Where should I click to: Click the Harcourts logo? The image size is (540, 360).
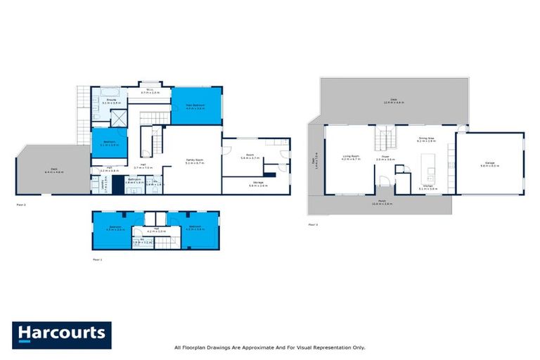point(61,335)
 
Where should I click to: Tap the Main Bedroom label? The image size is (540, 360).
point(195,106)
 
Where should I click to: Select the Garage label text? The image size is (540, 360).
point(489,165)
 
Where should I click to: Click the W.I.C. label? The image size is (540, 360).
point(150,90)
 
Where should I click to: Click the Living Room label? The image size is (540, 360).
point(351,157)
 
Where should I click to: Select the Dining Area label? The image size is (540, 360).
point(427,139)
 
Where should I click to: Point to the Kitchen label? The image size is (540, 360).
point(427,187)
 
